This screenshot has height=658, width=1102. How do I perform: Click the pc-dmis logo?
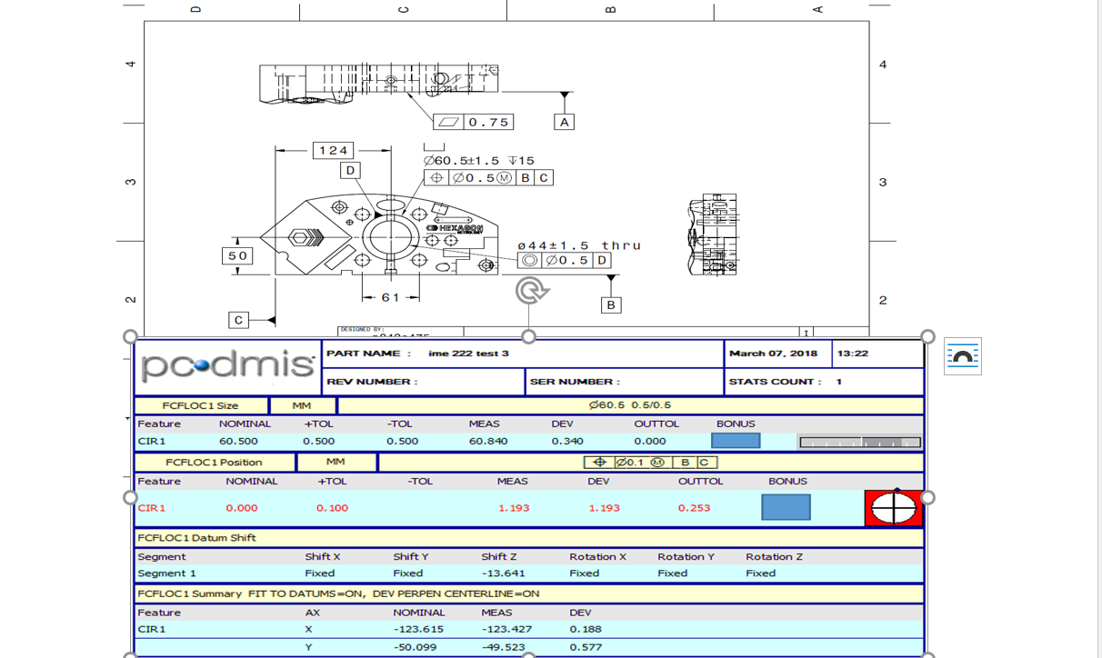pyautogui.click(x=228, y=366)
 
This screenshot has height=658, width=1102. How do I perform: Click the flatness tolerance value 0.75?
pyautogui.click(x=488, y=122)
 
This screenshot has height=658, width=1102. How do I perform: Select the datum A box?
pyautogui.click(x=564, y=122)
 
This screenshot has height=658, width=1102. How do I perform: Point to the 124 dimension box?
pyautogui.click(x=333, y=151)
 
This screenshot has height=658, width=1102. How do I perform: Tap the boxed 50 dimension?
pyautogui.click(x=236, y=256)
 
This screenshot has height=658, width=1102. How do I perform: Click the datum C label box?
pyautogui.click(x=238, y=320)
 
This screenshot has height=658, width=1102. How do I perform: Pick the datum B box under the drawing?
pyautogui.click(x=611, y=305)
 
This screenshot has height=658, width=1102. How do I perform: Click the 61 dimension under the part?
pyautogui.click(x=390, y=297)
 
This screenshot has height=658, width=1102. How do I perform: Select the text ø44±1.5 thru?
pyautogui.click(x=579, y=245)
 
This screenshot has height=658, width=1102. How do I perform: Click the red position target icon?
pyautogui.click(x=893, y=508)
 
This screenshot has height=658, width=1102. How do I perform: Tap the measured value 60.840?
pyautogui.click(x=488, y=442)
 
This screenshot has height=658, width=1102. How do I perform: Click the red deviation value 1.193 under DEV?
pyautogui.click(x=604, y=508)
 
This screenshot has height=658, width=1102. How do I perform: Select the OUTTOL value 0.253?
pyautogui.click(x=694, y=508)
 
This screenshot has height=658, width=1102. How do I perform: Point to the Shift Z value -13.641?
pyautogui.click(x=501, y=573)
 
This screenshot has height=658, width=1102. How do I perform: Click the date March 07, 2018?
pyautogui.click(x=773, y=354)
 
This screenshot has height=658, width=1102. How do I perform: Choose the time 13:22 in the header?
pyautogui.click(x=852, y=354)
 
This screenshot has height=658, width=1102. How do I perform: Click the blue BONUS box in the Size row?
pyautogui.click(x=736, y=441)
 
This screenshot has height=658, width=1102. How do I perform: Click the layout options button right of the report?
pyautogui.click(x=962, y=356)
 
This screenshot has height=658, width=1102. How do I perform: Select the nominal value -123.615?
pyautogui.click(x=418, y=629)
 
